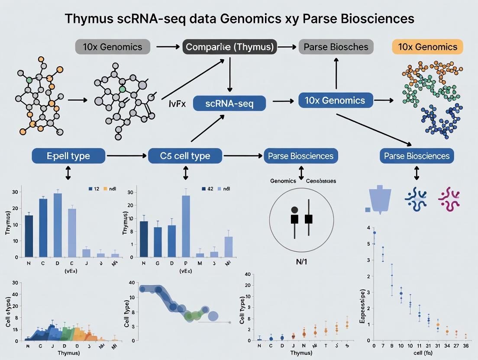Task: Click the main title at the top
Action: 239,19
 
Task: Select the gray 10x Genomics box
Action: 113,47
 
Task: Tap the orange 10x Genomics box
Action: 427,47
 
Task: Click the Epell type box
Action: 68,156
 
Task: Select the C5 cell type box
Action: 185,156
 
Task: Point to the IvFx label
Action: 177,104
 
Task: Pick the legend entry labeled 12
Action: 94,189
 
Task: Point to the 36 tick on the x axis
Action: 466,346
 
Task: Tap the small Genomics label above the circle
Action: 283,181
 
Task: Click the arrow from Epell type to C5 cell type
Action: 126,155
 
